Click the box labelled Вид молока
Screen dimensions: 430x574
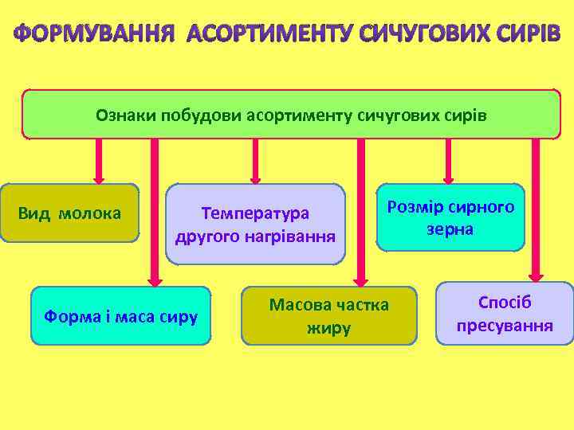[70, 213]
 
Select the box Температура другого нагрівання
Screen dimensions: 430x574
[255, 225]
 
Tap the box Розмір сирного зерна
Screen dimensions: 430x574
[450, 217]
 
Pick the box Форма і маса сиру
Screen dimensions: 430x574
[120, 315]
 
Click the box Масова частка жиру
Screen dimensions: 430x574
[328, 315]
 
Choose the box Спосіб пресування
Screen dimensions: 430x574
[505, 314]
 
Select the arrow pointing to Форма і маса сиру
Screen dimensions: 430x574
[155, 211]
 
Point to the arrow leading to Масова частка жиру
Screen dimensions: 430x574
[361, 211]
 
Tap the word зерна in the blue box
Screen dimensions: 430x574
[450, 229]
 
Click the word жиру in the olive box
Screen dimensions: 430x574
[328, 327]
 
